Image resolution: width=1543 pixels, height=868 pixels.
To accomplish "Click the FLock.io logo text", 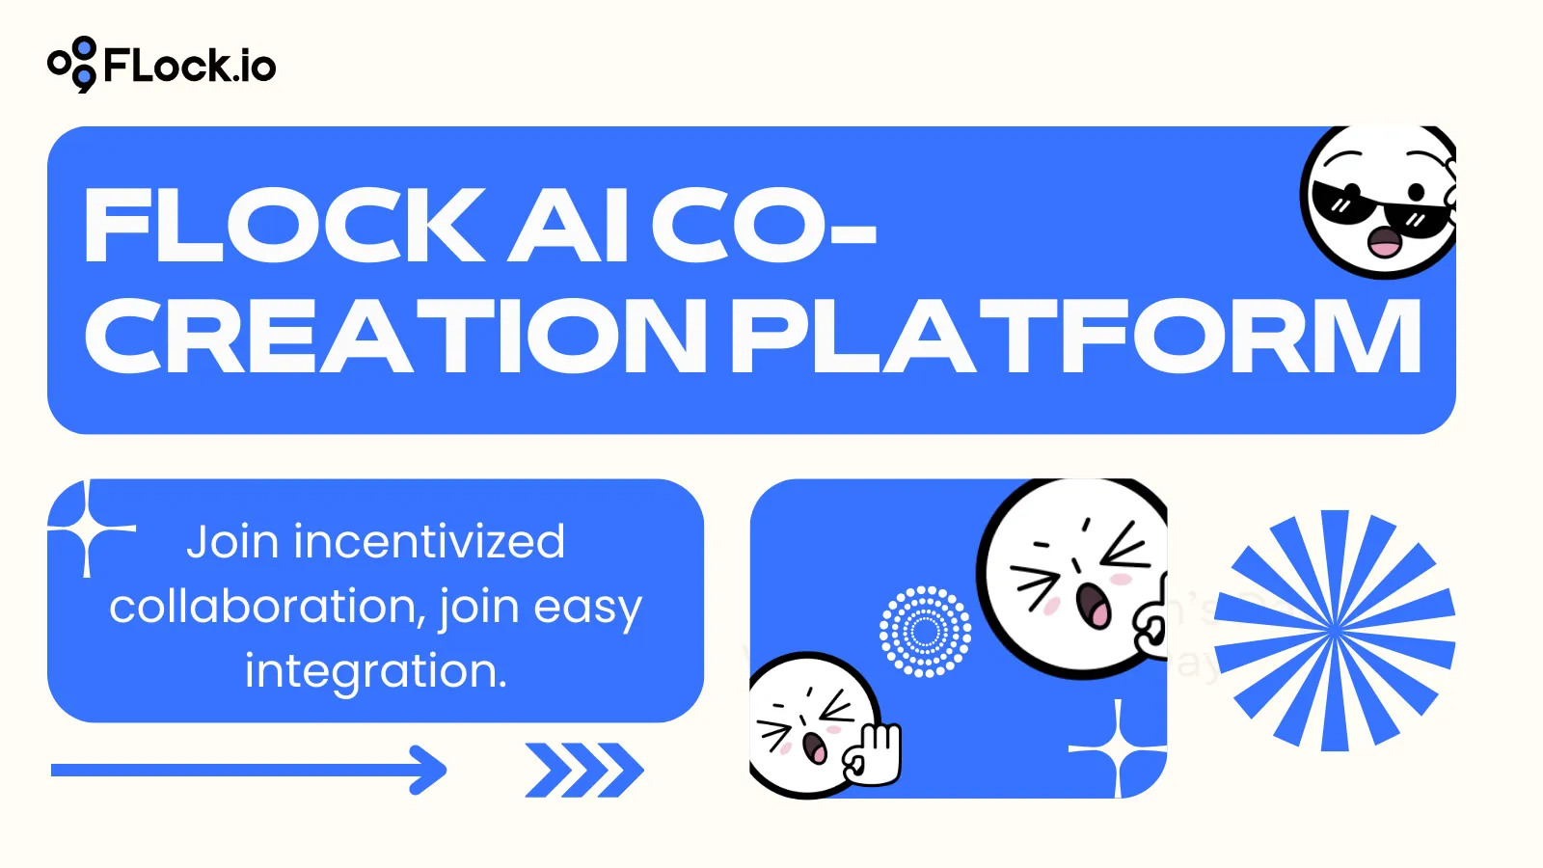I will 189,66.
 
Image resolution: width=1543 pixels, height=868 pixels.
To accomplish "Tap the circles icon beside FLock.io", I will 73,65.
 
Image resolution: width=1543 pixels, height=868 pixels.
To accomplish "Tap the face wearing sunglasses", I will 1379,203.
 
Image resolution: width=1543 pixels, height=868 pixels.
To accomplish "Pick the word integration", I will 376,671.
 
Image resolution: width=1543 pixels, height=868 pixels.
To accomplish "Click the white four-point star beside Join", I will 90,529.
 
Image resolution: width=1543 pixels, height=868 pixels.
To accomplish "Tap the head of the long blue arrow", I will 429,770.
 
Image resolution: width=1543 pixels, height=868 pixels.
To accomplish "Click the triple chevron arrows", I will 584,770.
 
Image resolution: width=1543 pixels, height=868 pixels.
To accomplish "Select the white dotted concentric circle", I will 926,632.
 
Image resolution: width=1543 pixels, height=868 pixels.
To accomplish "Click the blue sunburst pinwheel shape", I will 1335,631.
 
